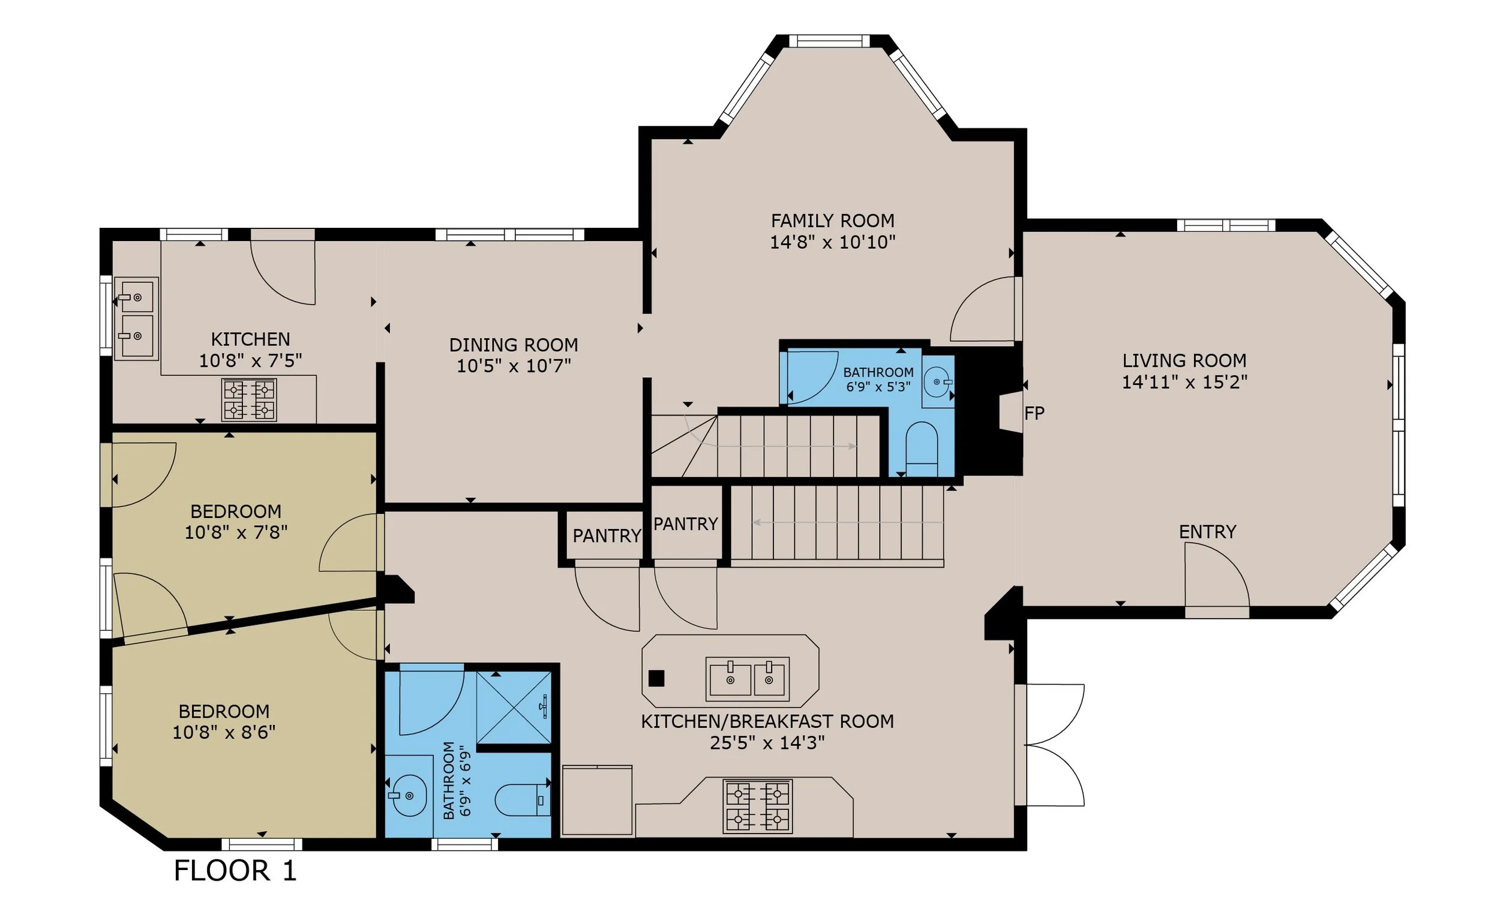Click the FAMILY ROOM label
[x=832, y=220]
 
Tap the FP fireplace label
[x=1034, y=413]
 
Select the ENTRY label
[x=1207, y=532]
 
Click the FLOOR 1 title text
[x=236, y=870]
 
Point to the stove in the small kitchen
[x=249, y=400]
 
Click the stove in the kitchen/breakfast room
[x=757, y=806]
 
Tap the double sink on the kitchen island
[x=748, y=679]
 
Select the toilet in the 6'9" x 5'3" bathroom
[x=922, y=449]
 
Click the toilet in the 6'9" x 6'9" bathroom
[x=523, y=799]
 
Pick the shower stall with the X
[x=514, y=707]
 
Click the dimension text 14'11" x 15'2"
[x=1184, y=382]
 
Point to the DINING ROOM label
[x=514, y=345]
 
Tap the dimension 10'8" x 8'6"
[x=224, y=732]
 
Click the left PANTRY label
[x=607, y=535]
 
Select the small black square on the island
[x=656, y=679]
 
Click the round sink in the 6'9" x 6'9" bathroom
[x=409, y=795]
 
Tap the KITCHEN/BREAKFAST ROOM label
[x=767, y=721]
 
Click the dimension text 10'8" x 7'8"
[x=236, y=532]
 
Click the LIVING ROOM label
[x=1184, y=361]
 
